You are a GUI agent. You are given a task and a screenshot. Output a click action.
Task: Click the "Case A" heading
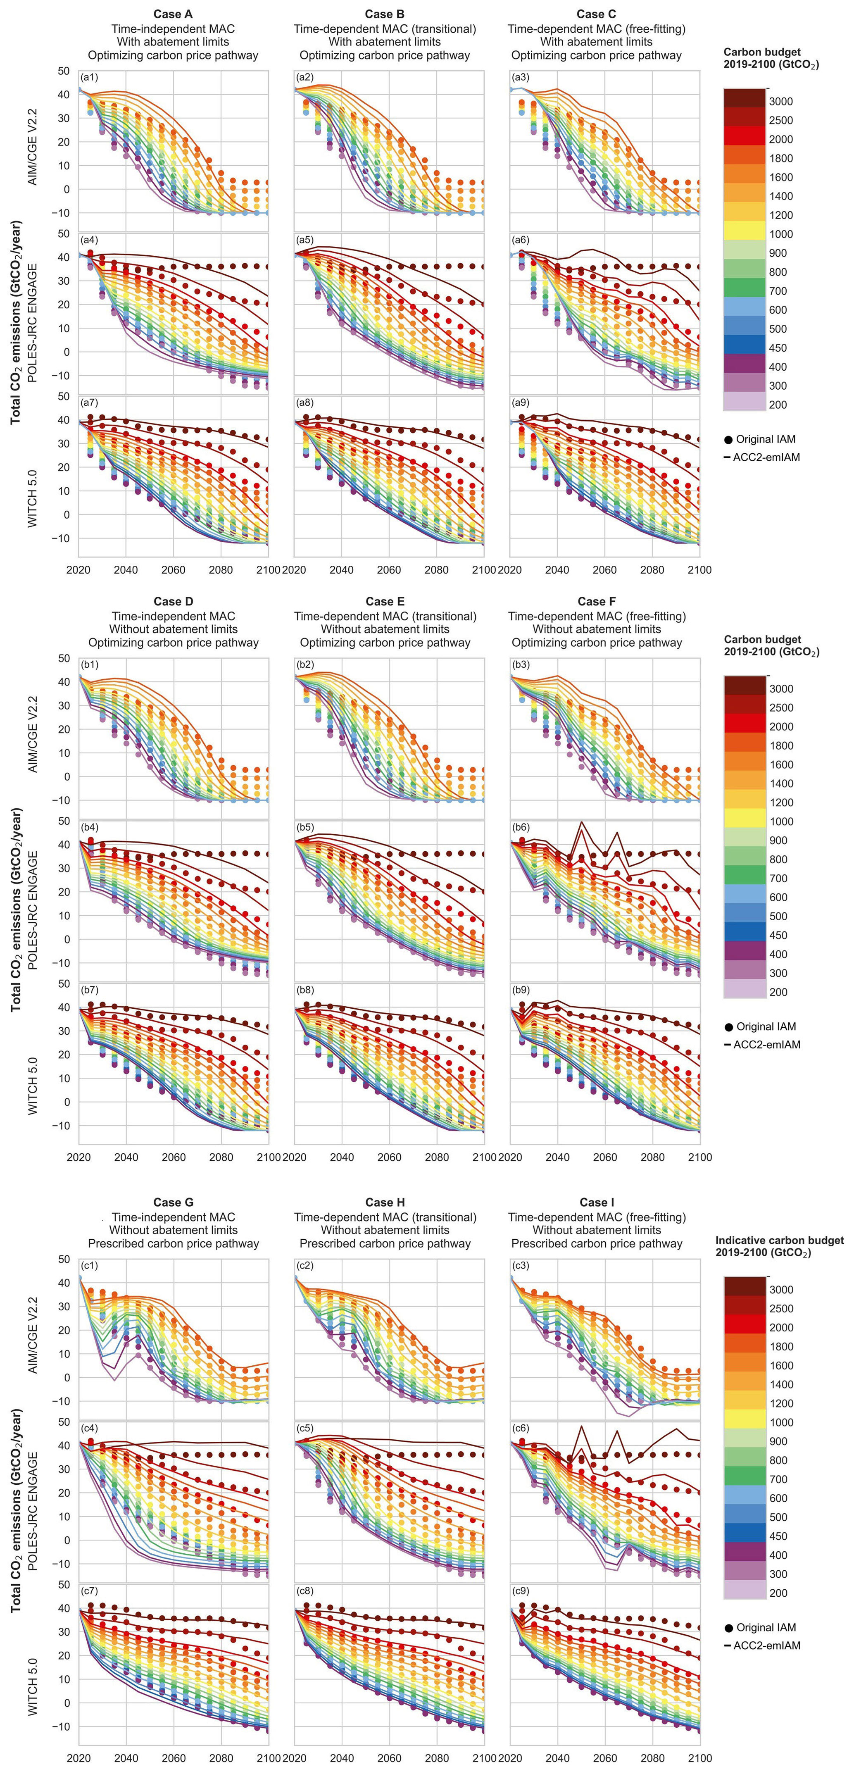tap(173, 14)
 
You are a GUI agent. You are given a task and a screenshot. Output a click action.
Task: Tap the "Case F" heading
tap(597, 601)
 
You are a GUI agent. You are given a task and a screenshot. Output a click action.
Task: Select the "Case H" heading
tap(385, 1203)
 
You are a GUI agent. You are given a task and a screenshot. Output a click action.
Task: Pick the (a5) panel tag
tap(305, 240)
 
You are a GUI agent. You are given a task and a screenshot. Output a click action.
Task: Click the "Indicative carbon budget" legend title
tap(780, 1240)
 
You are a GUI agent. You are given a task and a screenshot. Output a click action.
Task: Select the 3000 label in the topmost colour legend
tap(780, 101)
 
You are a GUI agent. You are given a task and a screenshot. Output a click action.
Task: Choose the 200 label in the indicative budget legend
tap(778, 1593)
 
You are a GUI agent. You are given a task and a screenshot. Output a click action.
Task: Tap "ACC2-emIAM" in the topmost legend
tap(766, 457)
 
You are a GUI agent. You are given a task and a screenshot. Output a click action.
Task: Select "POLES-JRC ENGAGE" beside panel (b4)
tap(32, 910)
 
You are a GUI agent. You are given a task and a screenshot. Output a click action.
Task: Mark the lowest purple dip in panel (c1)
tap(114, 1380)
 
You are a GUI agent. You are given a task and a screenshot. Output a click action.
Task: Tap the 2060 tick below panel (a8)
tap(389, 569)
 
